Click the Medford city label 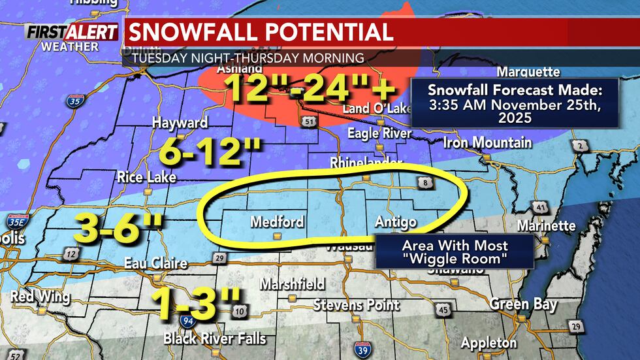pos(277,222)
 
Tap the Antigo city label pos(396,222)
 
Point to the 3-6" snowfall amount pos(118,228)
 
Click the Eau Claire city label pos(156,264)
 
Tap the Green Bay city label pos(523,304)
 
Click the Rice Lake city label pos(148,177)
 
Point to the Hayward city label pos(180,122)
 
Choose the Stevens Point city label pos(356,304)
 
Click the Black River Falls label pos(214,338)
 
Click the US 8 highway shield pos(426,185)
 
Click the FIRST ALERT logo pos(72,33)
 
